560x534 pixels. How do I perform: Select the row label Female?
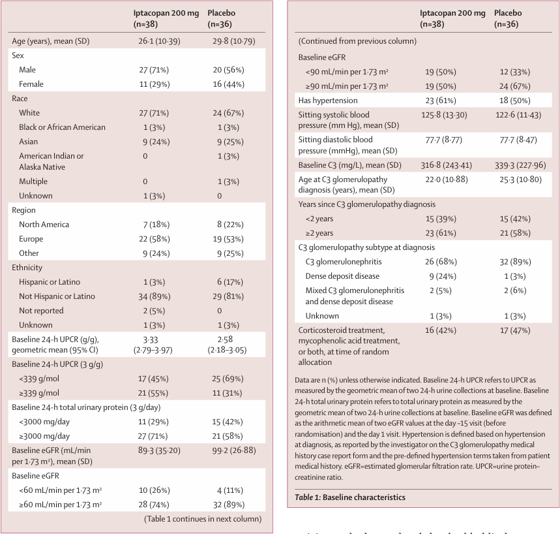click(31, 84)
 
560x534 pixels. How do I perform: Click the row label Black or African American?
click(62, 127)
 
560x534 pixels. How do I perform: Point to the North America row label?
click(44, 225)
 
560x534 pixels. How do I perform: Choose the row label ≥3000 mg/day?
click(44, 436)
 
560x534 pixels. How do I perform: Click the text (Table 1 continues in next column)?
click(203, 519)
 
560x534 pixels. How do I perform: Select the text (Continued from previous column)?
click(357, 41)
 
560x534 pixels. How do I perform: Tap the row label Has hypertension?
click(328, 100)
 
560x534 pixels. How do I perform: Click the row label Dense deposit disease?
click(342, 276)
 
